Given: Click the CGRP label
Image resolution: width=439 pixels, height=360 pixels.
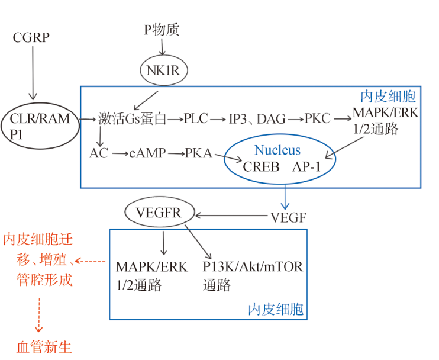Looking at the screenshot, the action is coord(31,37).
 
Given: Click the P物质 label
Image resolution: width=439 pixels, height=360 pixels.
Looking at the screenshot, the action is coord(162,30).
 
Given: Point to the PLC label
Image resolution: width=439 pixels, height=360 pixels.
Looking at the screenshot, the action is coord(196,118).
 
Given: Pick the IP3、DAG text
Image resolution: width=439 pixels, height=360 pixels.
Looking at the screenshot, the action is coord(257,119).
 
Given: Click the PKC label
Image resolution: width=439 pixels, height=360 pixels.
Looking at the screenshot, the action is coord(318,118).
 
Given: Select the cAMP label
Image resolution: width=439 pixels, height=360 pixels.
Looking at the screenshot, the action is coord(147,153).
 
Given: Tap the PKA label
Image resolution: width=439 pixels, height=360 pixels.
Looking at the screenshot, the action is coord(199,153).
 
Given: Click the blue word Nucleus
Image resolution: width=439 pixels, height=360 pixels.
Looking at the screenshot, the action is coord(277,150).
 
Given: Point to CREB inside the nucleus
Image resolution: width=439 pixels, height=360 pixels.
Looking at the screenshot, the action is coord(261,167).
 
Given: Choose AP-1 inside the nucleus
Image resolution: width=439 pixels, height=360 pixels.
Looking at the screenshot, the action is coord(306,167).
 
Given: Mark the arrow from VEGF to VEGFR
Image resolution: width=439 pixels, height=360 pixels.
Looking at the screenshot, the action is coord(231,216).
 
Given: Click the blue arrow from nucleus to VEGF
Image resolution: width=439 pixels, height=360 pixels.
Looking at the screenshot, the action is coord(285,197).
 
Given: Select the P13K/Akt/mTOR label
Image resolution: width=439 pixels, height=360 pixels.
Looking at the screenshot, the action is coord(253,266).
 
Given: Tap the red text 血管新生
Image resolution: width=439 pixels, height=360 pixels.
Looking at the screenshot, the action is coord(44,347).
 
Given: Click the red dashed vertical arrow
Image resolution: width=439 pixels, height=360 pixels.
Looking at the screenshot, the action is coord(39,315).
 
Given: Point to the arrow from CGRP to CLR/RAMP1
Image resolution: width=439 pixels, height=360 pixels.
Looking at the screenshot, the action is coord(33,73).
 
